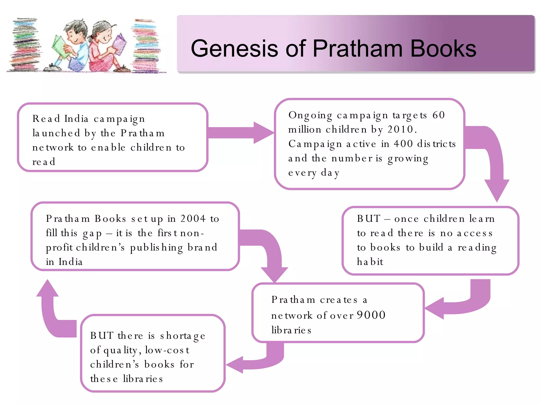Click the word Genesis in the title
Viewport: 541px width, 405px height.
[234, 49]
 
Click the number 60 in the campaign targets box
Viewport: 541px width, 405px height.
[439, 115]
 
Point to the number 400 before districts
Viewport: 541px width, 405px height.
[403, 144]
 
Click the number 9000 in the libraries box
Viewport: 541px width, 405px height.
[371, 315]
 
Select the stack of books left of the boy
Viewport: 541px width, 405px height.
[25, 45]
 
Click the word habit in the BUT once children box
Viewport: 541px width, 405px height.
[370, 262]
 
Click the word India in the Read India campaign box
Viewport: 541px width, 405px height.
[76, 119]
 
